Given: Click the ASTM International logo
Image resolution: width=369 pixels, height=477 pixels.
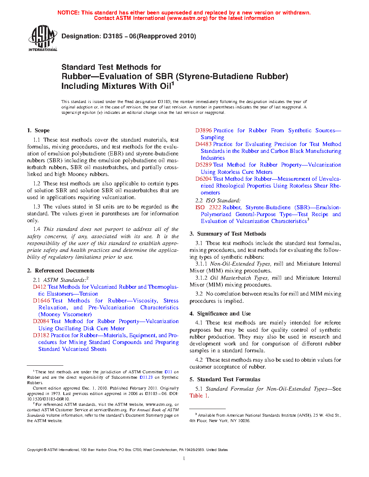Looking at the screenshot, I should pyautogui.click(x=42, y=38).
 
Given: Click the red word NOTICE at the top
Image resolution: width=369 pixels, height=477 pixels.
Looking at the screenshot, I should pyautogui.click(x=68, y=13).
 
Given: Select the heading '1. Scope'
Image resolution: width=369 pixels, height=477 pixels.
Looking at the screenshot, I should pyautogui.click(x=38, y=130).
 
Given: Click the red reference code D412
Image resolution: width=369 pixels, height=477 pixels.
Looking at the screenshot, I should pyautogui.click(x=39, y=287).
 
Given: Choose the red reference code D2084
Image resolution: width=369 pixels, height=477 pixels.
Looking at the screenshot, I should pyautogui.click(x=41, y=321).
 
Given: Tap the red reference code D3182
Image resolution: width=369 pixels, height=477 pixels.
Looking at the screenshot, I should pyautogui.click(x=41, y=335).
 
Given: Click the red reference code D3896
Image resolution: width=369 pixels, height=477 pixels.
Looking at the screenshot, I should pyautogui.click(x=204, y=130).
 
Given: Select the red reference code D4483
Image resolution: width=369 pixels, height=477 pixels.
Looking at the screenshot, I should pyautogui.click(x=204, y=144).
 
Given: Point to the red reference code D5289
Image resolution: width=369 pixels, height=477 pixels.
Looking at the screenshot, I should pyautogui.click(x=204, y=165).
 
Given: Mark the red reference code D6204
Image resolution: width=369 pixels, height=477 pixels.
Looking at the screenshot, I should pyautogui.click(x=204, y=179).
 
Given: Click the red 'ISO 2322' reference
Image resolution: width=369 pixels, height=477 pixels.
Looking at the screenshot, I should pyautogui.click(x=208, y=207).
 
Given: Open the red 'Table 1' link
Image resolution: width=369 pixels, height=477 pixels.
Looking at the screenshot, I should pyautogui.click(x=199, y=396).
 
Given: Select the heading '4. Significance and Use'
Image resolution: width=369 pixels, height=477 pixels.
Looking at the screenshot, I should pyautogui.click(x=220, y=314).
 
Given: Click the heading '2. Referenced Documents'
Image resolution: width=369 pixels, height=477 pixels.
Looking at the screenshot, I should pyautogui.click(x=60, y=271).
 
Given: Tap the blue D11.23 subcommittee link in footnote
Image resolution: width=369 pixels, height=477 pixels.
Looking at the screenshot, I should pyautogui.click(x=146, y=377).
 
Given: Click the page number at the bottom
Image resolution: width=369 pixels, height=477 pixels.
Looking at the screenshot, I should pyautogui.click(x=184, y=459).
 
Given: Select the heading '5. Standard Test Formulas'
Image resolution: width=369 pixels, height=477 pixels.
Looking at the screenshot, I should pyautogui.click(x=225, y=379).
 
